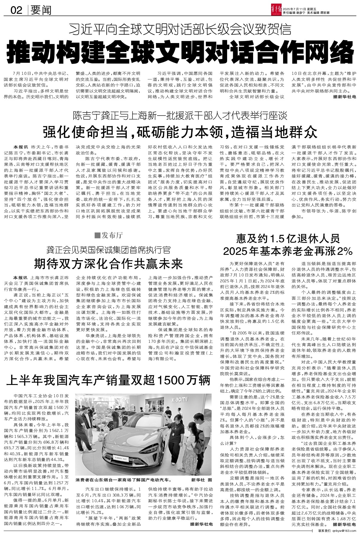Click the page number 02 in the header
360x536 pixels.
16,10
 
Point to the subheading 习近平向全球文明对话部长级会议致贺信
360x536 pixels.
180,30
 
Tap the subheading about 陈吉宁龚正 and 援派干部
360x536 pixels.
180,115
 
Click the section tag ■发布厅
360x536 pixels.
108,235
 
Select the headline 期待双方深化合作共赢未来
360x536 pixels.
108,264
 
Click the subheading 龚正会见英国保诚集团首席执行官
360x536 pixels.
108,249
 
